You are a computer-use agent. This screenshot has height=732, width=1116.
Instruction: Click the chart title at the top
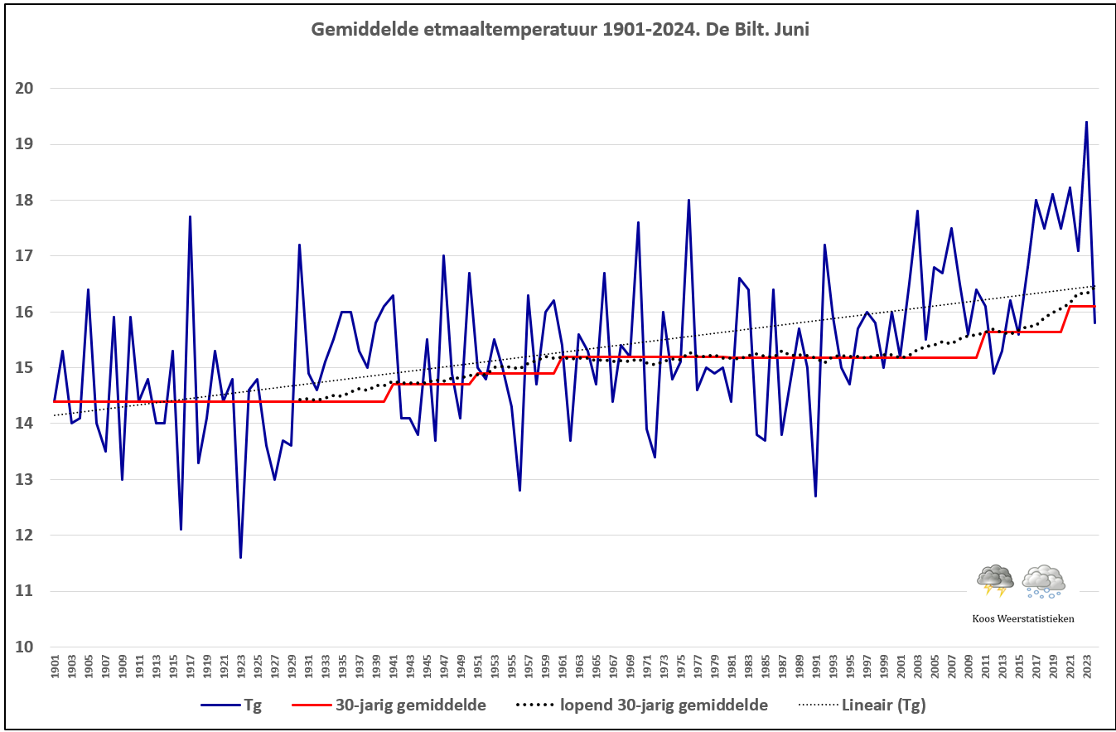point(560,30)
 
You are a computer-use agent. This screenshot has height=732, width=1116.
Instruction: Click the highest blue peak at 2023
point(1086,122)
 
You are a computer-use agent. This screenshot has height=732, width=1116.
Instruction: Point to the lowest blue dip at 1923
point(240,557)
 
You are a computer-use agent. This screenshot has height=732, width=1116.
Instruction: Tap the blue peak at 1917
point(190,216)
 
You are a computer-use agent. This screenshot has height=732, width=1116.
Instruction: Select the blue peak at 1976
point(688,200)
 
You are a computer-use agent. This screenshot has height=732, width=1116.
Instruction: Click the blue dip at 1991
point(815,496)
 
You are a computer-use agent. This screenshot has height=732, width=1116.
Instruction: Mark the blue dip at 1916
point(181,529)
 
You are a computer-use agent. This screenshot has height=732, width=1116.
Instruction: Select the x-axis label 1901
point(55,667)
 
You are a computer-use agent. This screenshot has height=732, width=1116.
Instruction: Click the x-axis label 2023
point(1086,667)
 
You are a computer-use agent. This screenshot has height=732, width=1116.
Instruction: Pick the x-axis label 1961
point(562,667)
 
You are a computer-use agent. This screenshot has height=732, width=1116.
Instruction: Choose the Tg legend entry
point(231,705)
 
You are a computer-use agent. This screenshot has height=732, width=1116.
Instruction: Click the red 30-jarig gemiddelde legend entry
point(389,705)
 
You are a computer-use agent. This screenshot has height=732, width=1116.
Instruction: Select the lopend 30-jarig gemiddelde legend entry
point(641,705)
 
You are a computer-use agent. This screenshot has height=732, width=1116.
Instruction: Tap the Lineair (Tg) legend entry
point(862,705)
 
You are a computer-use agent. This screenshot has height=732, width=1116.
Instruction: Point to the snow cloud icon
point(1043,581)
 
